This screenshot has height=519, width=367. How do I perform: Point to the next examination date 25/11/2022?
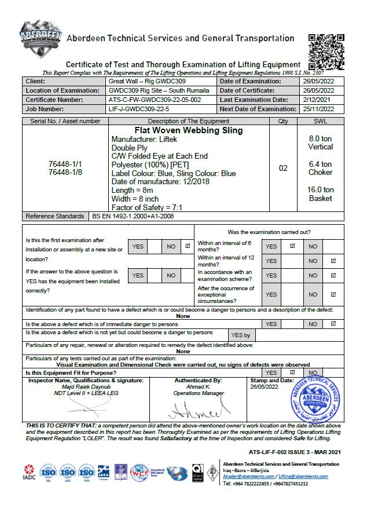[x=318, y=109]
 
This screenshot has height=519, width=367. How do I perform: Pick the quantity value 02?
[x=283, y=169]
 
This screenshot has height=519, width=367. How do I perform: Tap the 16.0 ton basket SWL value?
[x=320, y=194]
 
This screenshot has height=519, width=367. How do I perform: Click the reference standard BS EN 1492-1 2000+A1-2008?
[x=133, y=216]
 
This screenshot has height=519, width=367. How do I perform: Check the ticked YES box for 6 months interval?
[x=292, y=246]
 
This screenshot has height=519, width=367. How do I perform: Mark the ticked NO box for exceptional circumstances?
[x=333, y=294]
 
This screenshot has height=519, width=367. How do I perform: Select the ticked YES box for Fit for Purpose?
[x=292, y=372]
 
